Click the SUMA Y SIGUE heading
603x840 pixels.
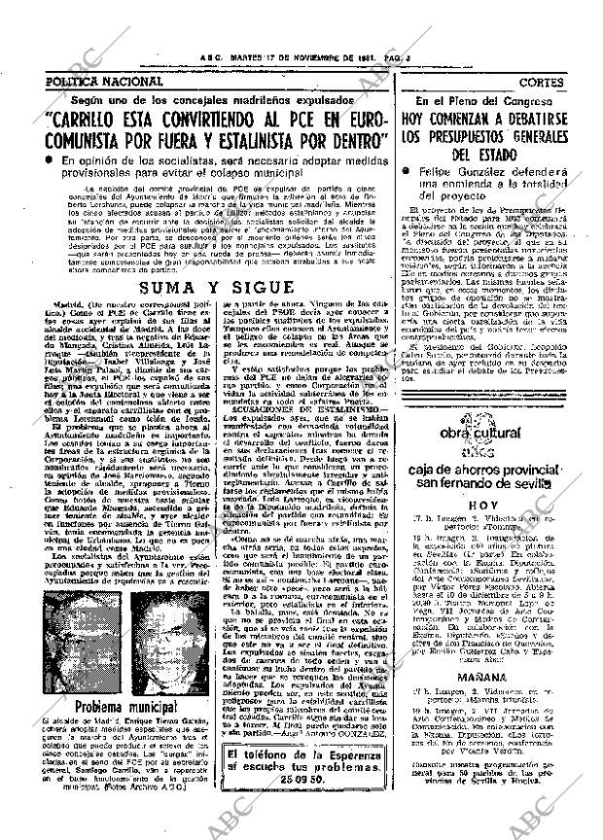click(x=214, y=232)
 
